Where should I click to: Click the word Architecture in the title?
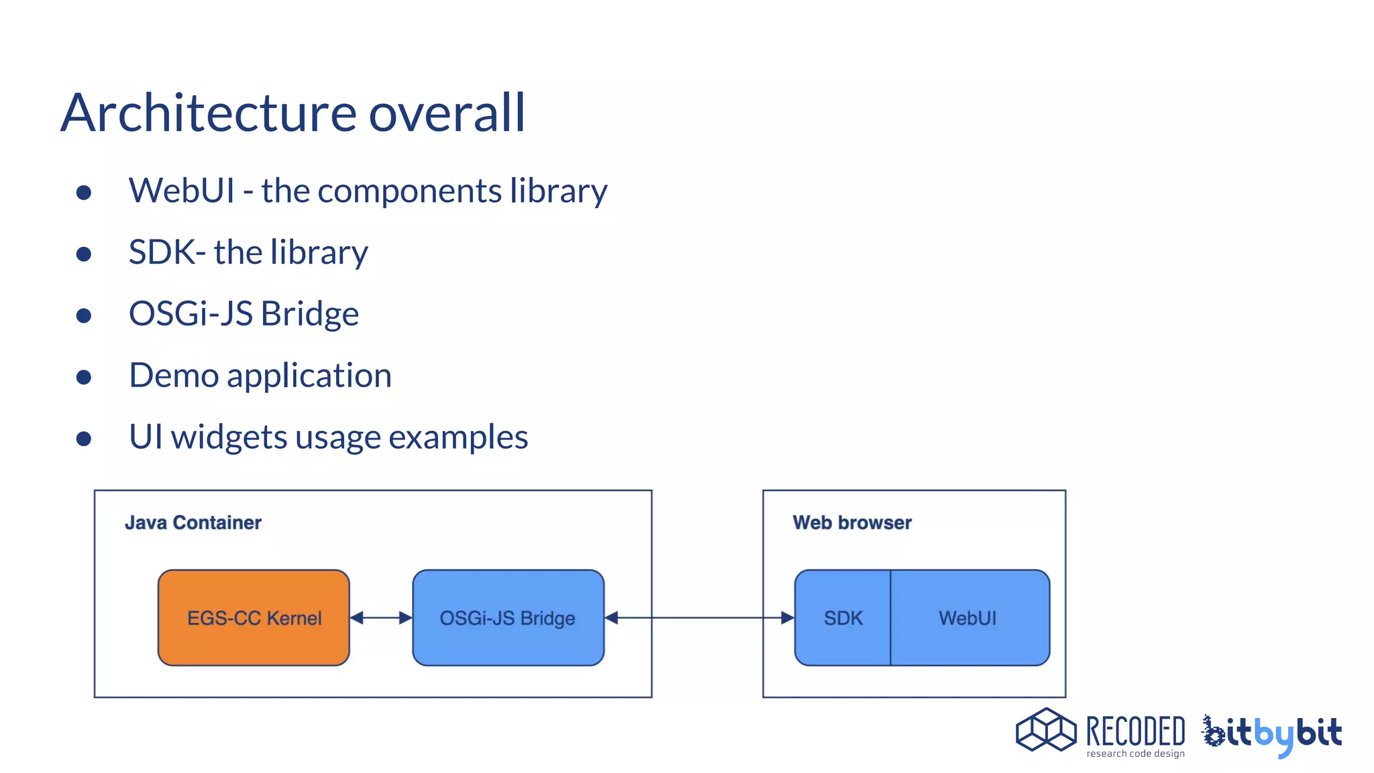[x=208, y=113]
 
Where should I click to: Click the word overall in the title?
[x=447, y=113]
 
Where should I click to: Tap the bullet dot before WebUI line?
[x=84, y=193]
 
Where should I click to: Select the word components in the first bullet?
[x=409, y=191]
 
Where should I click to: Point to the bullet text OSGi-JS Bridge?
[x=244, y=314]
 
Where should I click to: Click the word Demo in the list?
[x=173, y=375]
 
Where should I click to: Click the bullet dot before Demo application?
[x=84, y=377]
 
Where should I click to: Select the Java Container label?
[x=193, y=523]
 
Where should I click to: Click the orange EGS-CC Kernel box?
[x=254, y=618]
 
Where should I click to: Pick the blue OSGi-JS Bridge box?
[x=508, y=618]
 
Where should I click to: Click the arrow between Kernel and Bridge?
[x=381, y=618]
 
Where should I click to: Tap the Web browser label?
[x=852, y=523]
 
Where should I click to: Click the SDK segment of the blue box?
[x=843, y=618]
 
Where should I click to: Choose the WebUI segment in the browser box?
[x=967, y=618]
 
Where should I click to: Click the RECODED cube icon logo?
[x=1045, y=730]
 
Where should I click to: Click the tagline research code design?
[x=1135, y=754]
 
